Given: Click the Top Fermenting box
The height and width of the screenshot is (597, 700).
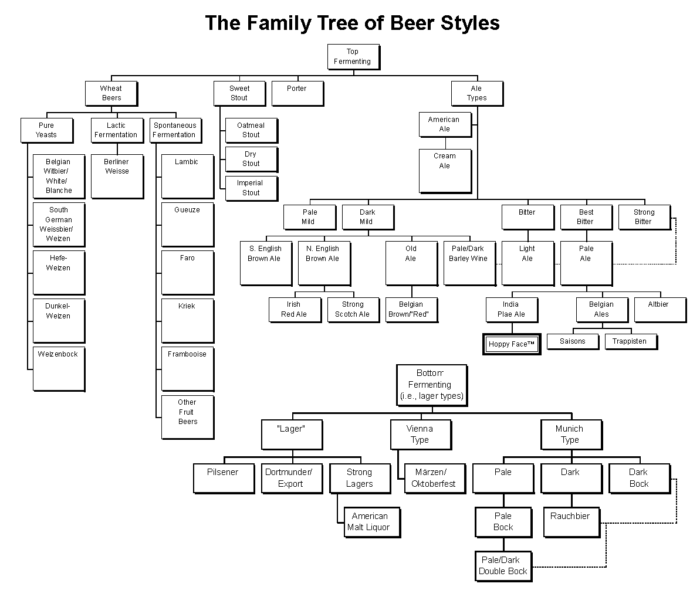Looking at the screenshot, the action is [354, 57].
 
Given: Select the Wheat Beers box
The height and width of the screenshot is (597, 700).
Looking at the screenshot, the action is [111, 94].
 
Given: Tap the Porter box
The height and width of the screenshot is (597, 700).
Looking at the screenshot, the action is [297, 94].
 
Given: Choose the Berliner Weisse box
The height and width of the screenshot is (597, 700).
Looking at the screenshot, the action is [117, 177].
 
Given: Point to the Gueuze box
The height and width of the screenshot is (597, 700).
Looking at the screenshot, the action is [188, 225].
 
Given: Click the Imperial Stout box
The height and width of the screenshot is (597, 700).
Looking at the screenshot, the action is [251, 189].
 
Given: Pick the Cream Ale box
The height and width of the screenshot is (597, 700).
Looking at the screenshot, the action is [445, 171].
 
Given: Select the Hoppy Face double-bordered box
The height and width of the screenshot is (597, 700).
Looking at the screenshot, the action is [512, 344].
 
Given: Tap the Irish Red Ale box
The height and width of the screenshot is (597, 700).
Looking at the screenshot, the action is [295, 310].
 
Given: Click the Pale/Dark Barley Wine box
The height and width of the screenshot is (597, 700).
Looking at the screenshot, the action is [469, 263].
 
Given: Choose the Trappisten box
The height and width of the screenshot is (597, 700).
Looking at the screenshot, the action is [631, 341].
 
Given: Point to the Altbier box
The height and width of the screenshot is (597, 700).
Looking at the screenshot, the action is [660, 310].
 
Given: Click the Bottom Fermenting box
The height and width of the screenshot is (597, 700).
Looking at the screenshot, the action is [432, 385].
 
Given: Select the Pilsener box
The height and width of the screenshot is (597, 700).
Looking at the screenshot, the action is [224, 479].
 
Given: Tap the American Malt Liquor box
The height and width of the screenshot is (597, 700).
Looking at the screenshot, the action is [373, 523].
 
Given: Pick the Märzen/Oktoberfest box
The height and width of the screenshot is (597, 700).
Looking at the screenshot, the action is [435, 479].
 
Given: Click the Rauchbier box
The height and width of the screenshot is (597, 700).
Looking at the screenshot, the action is [572, 523].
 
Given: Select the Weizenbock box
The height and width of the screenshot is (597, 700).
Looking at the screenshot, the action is [59, 369].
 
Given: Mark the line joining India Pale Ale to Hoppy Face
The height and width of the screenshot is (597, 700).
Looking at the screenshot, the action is [512, 328].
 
